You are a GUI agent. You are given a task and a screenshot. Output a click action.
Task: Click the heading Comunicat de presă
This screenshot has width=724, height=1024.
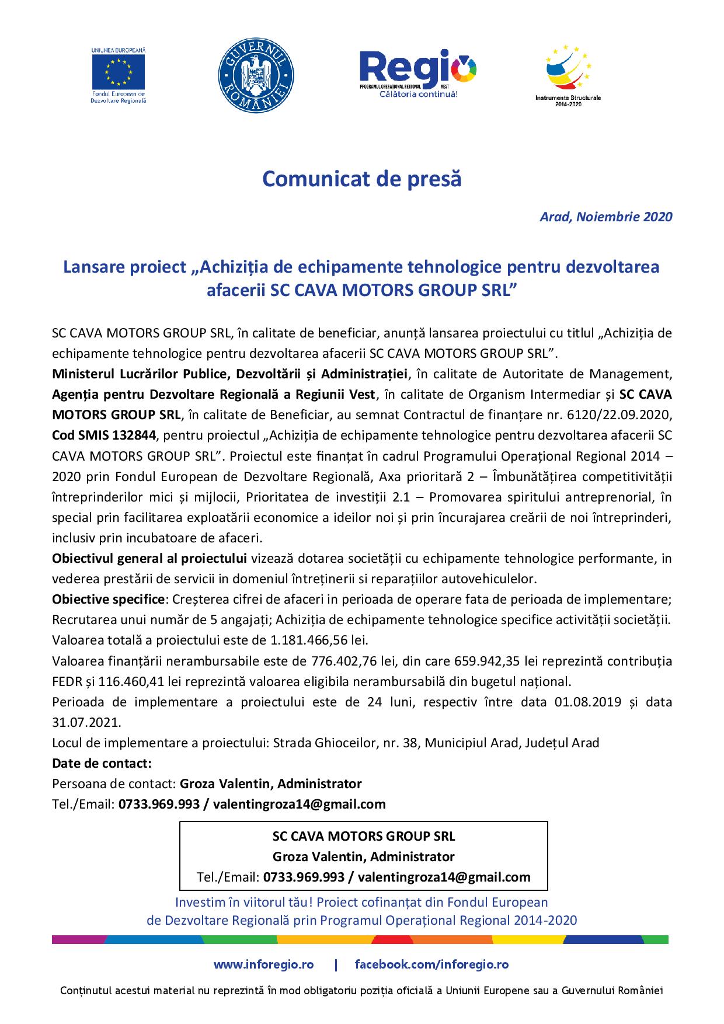tap(362, 179)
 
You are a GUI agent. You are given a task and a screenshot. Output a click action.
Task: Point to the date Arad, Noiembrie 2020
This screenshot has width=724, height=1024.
tap(605, 217)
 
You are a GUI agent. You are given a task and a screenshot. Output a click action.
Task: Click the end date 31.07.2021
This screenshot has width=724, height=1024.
tap(86, 722)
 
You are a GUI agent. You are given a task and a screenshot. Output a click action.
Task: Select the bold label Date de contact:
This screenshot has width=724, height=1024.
tap(102, 763)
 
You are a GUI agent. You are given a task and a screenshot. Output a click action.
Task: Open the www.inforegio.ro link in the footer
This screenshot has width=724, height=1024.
tap(264, 964)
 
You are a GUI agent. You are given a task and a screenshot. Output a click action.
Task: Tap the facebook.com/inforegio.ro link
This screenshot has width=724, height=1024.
tap(431, 964)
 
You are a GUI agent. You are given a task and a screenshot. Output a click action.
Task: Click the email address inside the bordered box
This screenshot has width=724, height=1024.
tap(444, 877)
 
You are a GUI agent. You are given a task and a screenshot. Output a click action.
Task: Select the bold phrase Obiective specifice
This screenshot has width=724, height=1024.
tap(108, 599)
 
